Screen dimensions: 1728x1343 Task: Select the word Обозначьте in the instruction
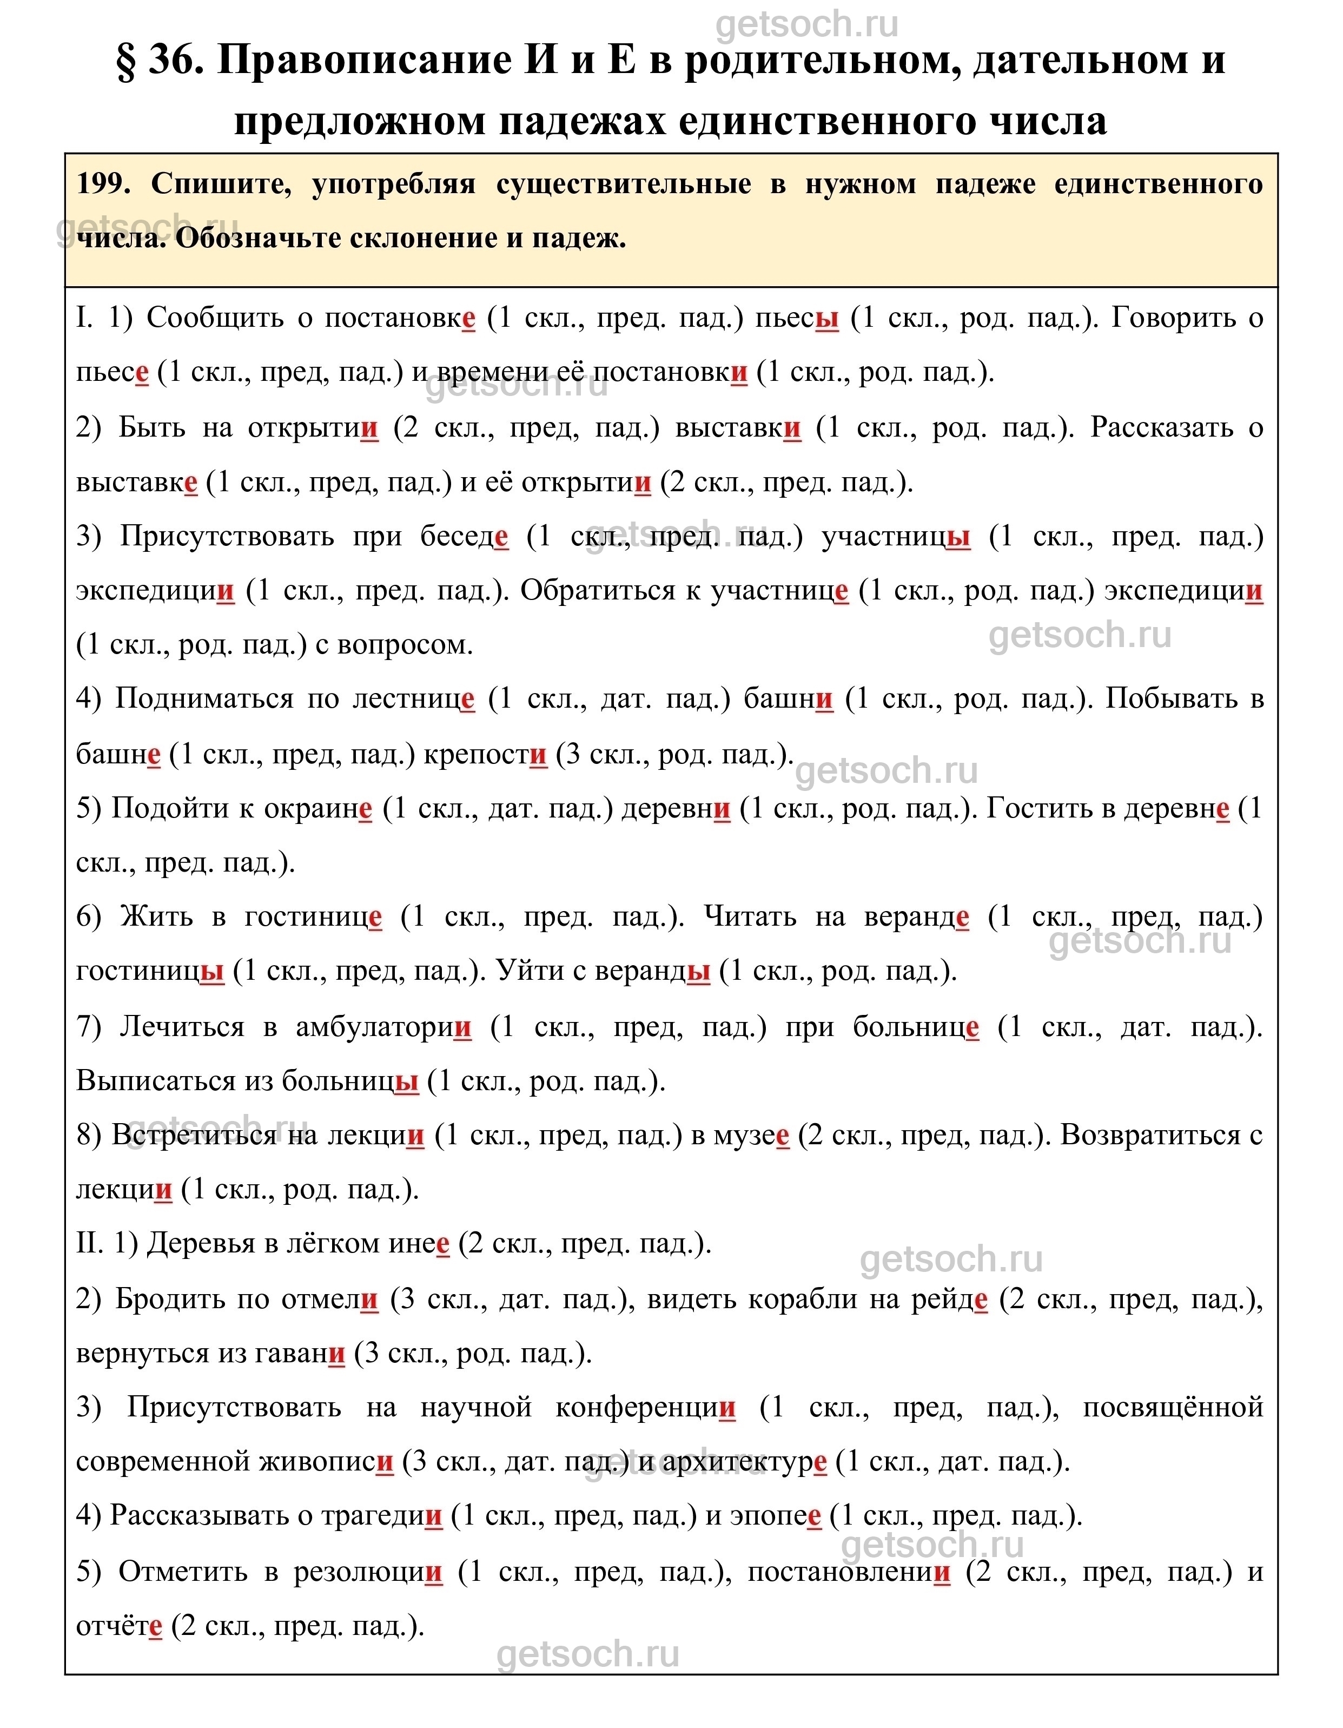[x=258, y=238]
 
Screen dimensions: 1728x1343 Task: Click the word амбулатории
[x=383, y=1027]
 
